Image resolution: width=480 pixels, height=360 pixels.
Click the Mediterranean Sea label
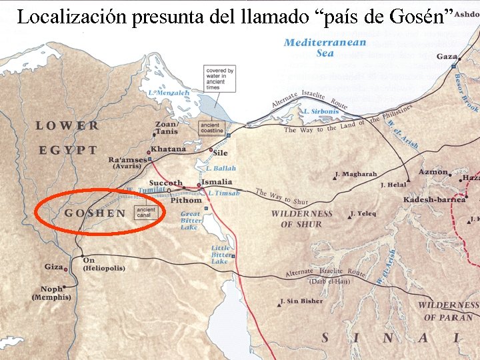click(325, 47)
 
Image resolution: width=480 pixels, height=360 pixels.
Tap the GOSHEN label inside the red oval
click(95, 213)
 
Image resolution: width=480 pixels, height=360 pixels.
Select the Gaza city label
click(447, 57)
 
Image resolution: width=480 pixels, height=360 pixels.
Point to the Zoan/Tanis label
click(166, 127)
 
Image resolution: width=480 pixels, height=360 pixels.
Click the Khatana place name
click(168, 149)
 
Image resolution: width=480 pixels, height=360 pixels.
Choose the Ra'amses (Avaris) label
click(129, 163)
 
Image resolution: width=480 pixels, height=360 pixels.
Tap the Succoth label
click(165, 183)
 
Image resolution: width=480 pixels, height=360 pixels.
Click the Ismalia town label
click(217, 181)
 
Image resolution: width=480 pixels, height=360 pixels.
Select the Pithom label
click(186, 200)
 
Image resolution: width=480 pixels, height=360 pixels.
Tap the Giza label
click(53, 267)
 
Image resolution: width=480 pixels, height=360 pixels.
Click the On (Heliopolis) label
click(103, 264)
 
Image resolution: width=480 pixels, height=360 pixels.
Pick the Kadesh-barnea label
click(433, 200)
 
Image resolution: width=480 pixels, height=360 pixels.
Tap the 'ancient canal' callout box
click(145, 213)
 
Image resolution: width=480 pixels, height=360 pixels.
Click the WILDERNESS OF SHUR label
click(301, 219)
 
